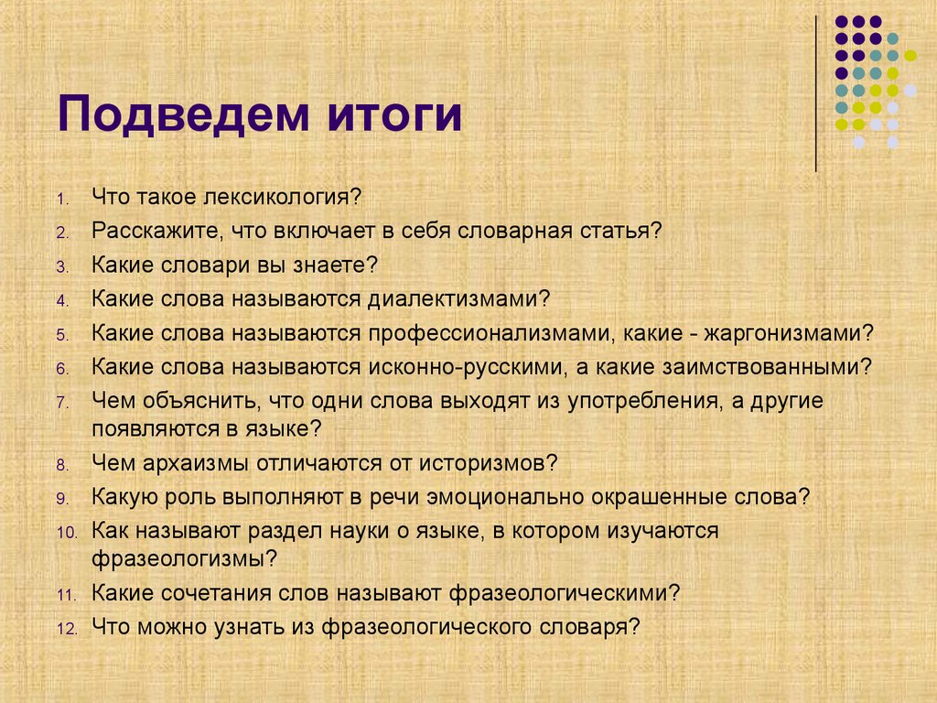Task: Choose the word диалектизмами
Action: (458, 299)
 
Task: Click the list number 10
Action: (69, 533)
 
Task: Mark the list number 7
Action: (61, 403)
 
